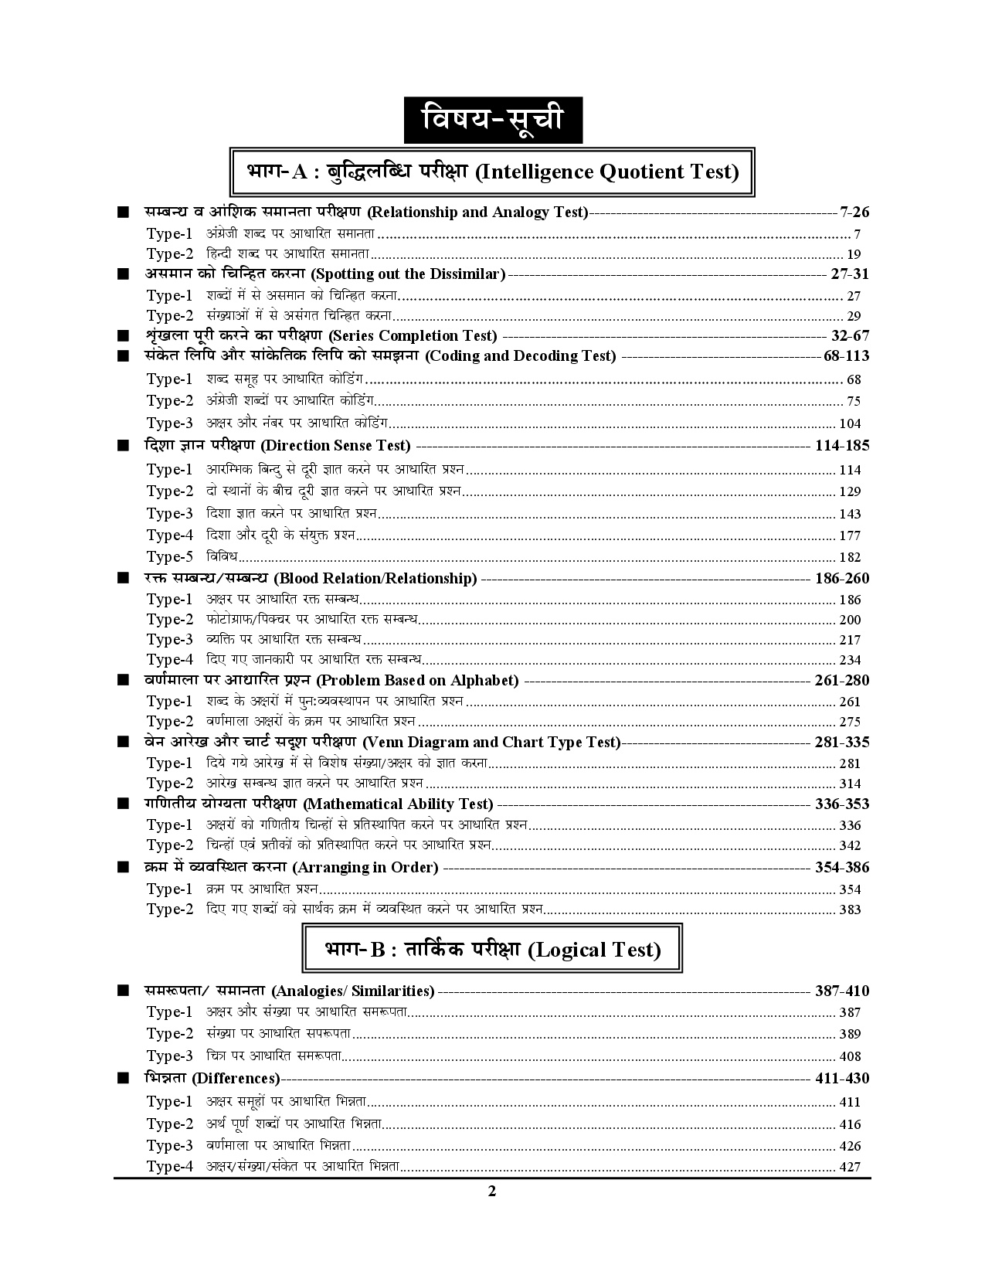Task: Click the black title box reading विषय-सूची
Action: tap(492, 121)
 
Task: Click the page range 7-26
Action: tap(854, 212)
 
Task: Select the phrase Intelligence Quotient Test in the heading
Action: tap(606, 172)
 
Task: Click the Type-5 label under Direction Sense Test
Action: tap(169, 556)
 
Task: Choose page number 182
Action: tap(850, 557)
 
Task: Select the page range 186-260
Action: tap(842, 578)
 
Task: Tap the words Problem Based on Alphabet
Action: tap(417, 681)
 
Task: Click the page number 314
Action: tap(850, 784)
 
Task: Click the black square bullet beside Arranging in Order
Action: tap(122, 867)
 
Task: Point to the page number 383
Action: tap(850, 909)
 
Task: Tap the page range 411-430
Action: tap(842, 1078)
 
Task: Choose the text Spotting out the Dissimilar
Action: tap(408, 274)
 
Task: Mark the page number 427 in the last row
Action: tap(850, 1167)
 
